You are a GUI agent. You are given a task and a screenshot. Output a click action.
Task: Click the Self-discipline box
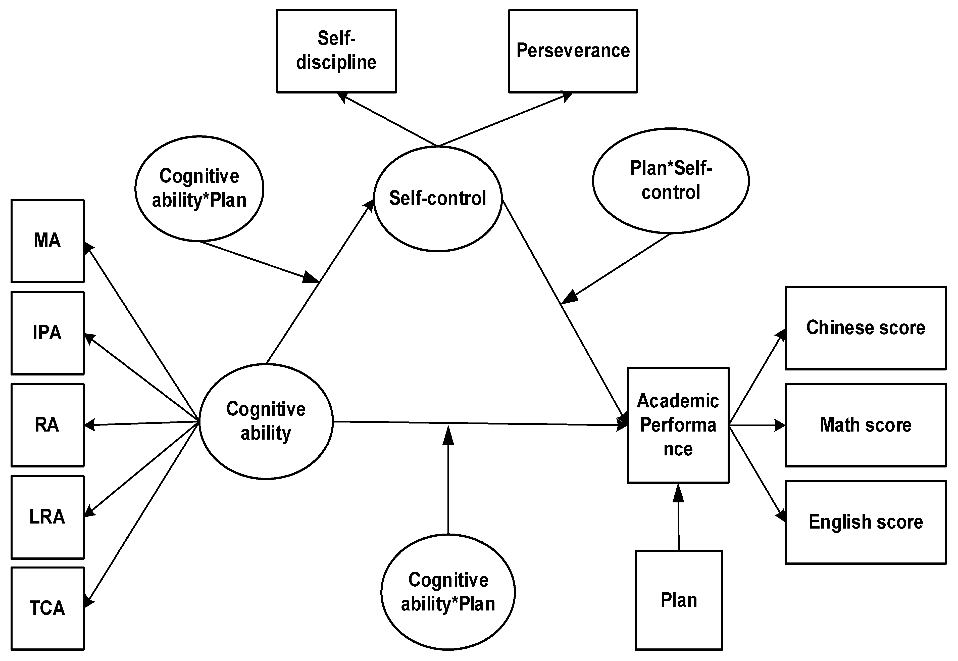coord(336,51)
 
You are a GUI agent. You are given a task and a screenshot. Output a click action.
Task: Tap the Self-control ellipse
coord(438,198)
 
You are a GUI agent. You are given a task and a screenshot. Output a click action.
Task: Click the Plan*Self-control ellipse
coord(670,180)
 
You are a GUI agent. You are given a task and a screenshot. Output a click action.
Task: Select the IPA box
coord(47,333)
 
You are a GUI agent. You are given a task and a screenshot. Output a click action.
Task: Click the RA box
coord(47,425)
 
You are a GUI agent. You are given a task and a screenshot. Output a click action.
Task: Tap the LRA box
coord(47,517)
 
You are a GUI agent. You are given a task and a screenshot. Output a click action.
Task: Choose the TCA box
coord(47,608)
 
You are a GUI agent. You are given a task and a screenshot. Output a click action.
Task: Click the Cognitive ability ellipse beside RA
coord(266,421)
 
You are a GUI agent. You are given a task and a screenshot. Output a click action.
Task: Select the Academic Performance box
coord(678,425)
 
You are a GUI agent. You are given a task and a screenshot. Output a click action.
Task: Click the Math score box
coord(865,425)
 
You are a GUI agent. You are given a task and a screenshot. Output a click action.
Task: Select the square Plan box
coord(679,600)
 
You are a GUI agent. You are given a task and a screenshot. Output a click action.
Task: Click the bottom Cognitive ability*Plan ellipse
coord(448,592)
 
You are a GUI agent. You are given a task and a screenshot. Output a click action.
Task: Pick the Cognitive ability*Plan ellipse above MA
coord(199,188)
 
